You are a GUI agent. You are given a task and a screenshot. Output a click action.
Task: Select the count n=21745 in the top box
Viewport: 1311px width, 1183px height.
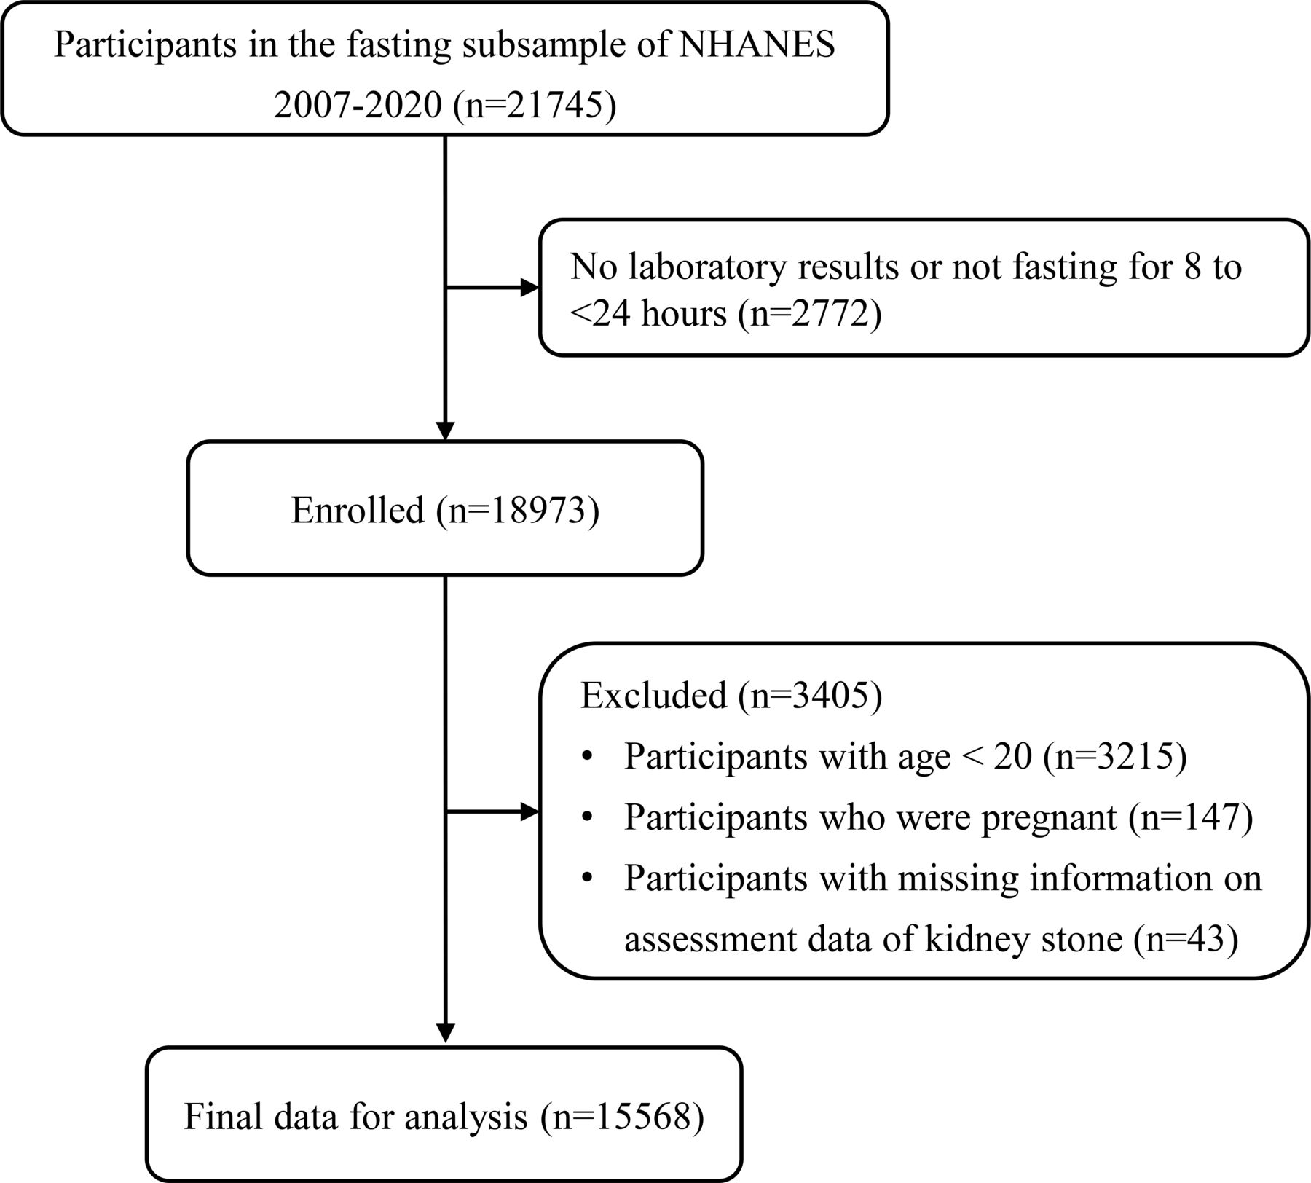click(532, 106)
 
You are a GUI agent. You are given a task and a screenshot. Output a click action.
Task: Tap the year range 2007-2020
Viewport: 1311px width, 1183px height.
click(357, 106)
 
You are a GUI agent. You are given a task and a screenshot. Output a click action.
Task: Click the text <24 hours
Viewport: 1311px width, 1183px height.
click(649, 315)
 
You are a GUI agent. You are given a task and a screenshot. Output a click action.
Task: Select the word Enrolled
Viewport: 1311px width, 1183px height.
click(358, 511)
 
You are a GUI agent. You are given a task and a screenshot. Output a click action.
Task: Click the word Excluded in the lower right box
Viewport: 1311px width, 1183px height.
click(654, 696)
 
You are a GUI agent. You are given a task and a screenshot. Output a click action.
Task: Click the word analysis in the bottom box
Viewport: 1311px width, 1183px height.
click(466, 1117)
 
